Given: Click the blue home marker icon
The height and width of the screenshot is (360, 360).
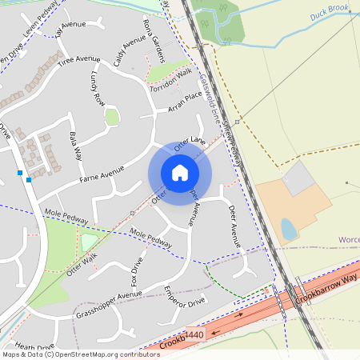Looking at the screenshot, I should click(x=180, y=173).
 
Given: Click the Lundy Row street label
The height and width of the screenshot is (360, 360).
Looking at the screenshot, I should click(x=98, y=90).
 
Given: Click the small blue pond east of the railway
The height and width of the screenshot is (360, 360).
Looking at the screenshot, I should click(x=288, y=230).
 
